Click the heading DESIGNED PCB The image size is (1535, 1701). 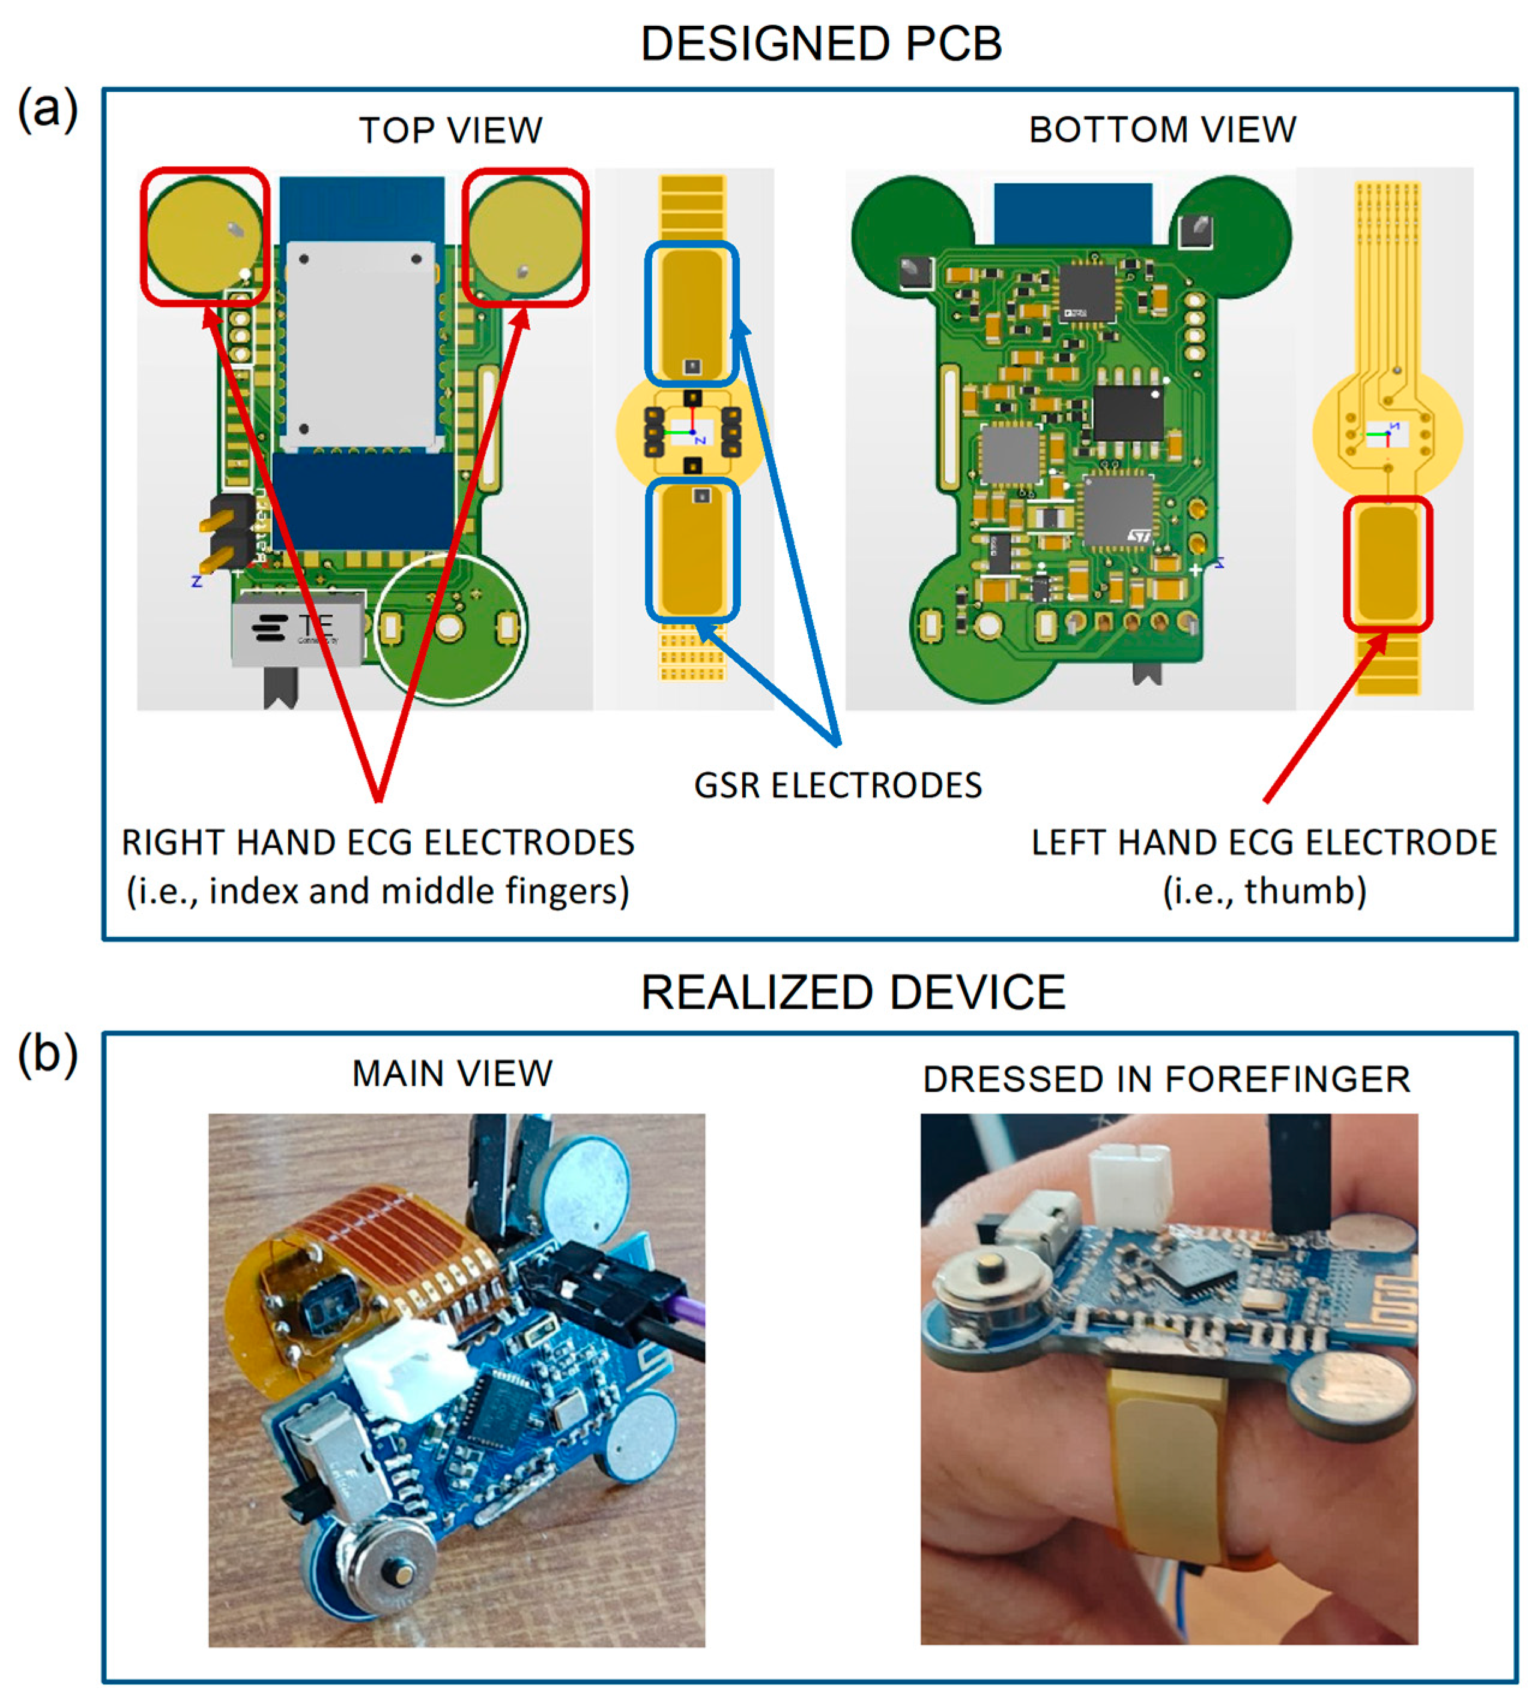(x=820, y=44)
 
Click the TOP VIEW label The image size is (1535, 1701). (x=450, y=131)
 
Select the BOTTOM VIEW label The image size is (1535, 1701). (x=1162, y=130)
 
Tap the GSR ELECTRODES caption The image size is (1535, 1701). (x=838, y=785)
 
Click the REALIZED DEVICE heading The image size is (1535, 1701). (x=853, y=992)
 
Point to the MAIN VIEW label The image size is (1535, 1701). (x=452, y=1074)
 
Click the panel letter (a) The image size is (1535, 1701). (x=47, y=110)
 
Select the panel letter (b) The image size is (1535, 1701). (x=47, y=1054)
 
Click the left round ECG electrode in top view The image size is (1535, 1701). (x=204, y=236)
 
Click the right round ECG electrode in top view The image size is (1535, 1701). (x=525, y=236)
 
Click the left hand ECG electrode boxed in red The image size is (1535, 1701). (x=1387, y=563)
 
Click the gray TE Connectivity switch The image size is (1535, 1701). (x=297, y=628)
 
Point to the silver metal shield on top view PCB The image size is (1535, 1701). (x=361, y=342)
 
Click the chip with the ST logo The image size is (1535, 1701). (x=1118, y=510)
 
